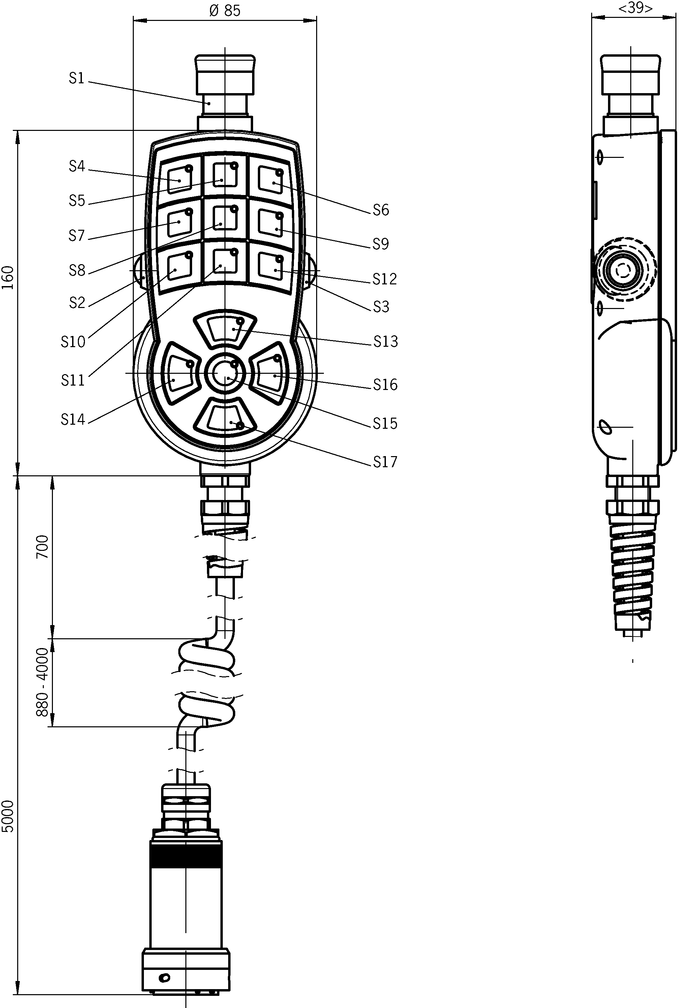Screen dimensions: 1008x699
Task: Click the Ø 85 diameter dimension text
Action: click(225, 10)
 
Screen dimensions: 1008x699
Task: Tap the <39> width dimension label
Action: click(635, 8)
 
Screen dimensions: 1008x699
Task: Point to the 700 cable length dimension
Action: click(42, 546)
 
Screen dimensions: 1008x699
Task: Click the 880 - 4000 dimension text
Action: click(42, 682)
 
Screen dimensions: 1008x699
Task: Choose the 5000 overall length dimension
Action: click(8, 816)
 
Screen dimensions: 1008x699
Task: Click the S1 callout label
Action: click(76, 78)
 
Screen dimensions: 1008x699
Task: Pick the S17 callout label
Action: click(385, 461)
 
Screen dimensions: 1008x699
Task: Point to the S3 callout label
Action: click(381, 307)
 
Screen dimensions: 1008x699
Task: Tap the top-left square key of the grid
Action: click(180, 179)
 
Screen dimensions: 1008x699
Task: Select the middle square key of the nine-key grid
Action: click(225, 218)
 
